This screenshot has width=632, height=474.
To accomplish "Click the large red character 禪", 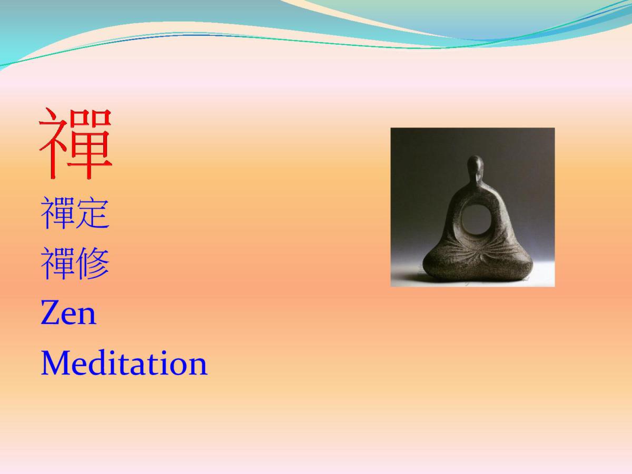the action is click(75, 143).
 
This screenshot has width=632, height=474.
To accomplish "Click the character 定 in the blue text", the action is click(93, 213).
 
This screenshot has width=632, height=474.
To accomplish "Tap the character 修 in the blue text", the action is click(93, 263).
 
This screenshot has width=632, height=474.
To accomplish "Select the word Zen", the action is click(68, 313).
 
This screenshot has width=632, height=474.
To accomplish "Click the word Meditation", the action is click(124, 363).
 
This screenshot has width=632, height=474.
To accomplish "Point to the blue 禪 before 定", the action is click(58, 213).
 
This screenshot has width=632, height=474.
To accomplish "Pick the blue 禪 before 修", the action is click(58, 263).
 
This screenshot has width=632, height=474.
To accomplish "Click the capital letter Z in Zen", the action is click(51, 313).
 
